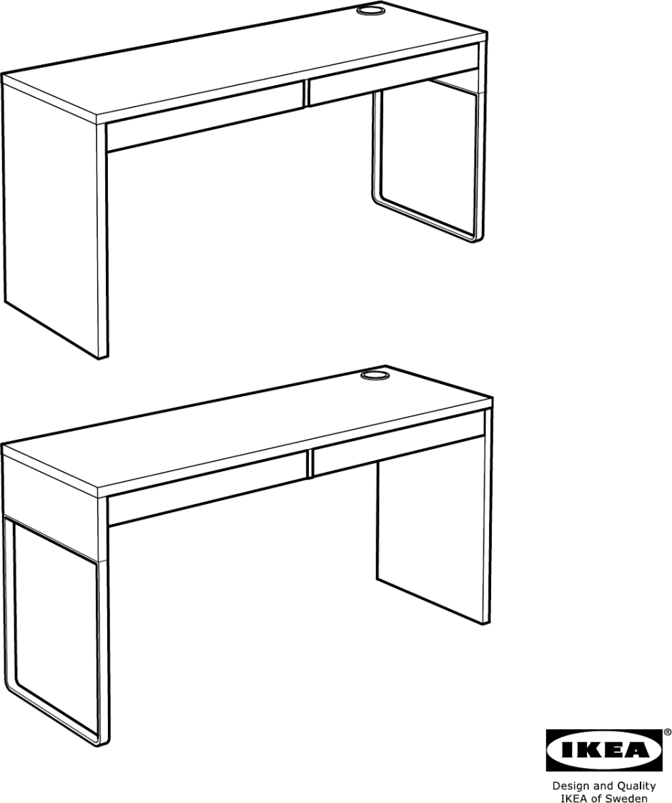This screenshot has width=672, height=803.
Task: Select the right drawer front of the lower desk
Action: [397, 447]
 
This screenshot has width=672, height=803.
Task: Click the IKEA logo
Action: [604, 751]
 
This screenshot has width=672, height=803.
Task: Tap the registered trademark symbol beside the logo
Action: [668, 732]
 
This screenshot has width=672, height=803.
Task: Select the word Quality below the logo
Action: [636, 786]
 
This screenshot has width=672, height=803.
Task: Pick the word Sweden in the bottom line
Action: [629, 797]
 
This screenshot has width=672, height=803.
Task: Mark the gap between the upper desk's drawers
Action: [306, 94]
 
